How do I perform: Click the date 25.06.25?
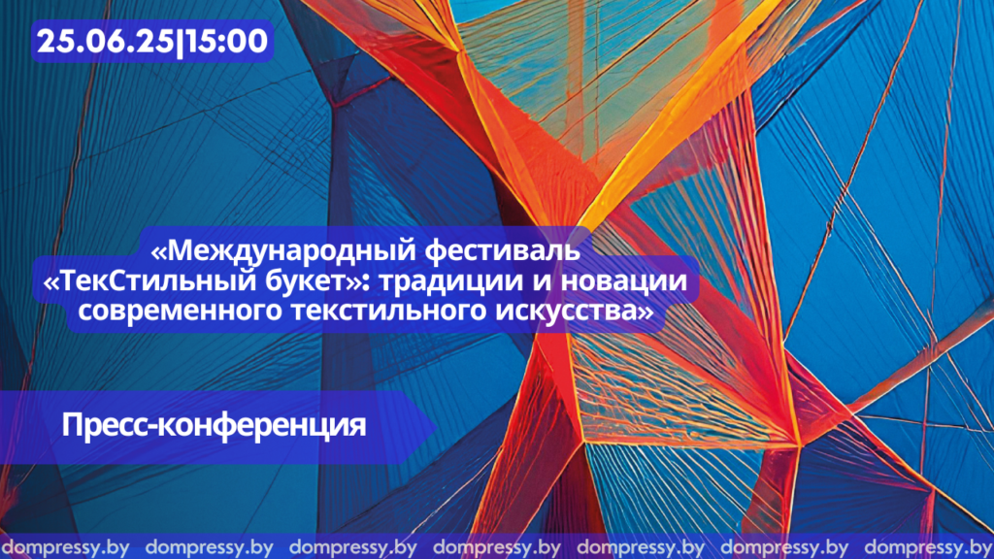105,42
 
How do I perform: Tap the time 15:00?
226,42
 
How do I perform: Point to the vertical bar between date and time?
179,43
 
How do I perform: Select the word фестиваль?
502,251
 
